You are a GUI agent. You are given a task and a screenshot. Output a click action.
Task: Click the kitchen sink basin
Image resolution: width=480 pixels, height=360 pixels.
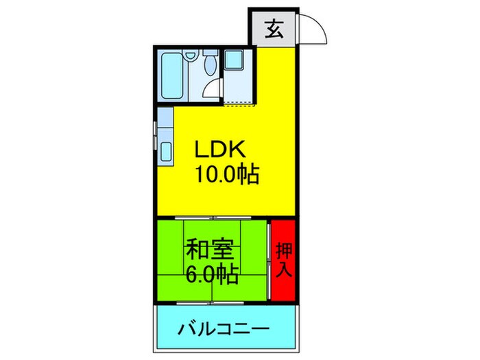coord(165,151)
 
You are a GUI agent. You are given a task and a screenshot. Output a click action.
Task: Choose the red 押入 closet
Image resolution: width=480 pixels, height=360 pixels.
coord(283,261)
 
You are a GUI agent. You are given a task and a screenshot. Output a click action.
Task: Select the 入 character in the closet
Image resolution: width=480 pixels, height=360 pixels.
coord(283,269)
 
